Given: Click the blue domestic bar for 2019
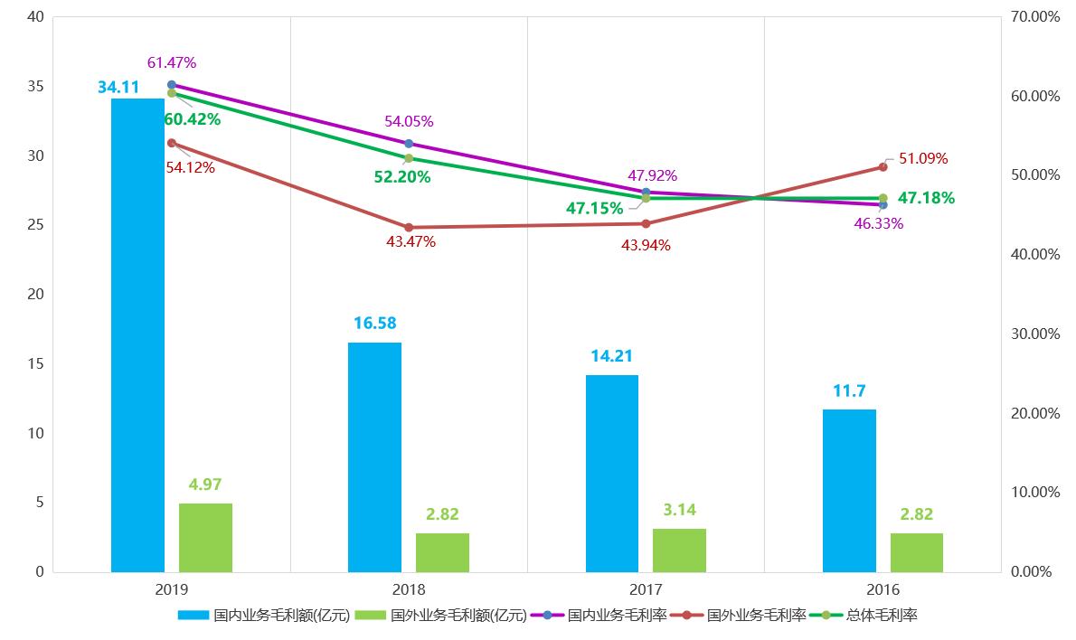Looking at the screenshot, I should point(137,334).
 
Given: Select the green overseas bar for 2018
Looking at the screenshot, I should point(442,552).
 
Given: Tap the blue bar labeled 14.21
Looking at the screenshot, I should point(611,473).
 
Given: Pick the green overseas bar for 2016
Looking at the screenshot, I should point(916,552).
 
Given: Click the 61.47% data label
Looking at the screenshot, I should point(172,62).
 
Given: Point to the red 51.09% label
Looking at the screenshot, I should point(923,158).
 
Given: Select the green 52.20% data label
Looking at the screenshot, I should point(402,177).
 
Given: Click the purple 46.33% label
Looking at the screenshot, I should point(879,223).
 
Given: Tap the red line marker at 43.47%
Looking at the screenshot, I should point(409,227).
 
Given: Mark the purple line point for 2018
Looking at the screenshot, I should point(409,143).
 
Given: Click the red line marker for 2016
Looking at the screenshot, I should point(883,166).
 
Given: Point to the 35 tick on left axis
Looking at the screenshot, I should point(36,87).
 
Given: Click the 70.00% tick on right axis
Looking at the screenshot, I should point(1036,17).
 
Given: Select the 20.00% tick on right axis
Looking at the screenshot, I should point(1036,413).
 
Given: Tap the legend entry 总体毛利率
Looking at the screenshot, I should point(882,616).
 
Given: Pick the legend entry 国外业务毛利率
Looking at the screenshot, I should point(756,616).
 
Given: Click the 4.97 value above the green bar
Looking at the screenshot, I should point(206,484).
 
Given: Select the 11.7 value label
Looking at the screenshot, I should point(849,391).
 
